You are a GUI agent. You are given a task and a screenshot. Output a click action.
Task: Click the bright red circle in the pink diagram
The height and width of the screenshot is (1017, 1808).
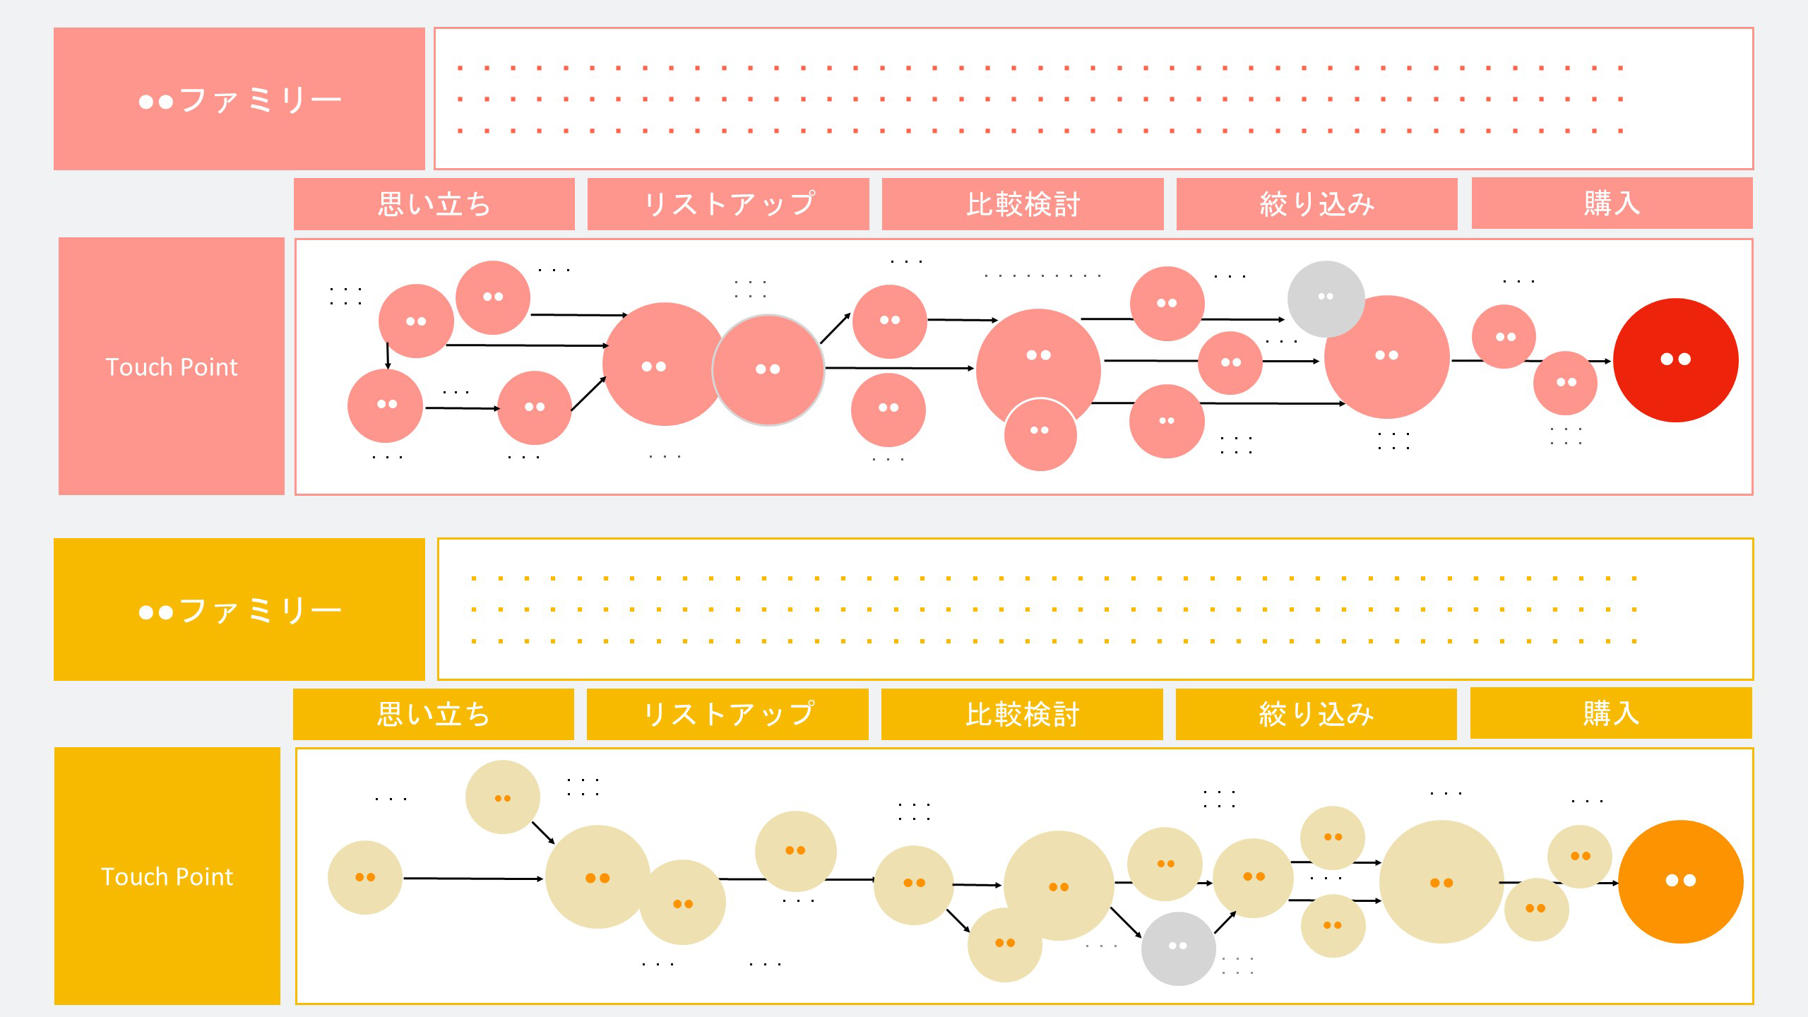(x=1675, y=360)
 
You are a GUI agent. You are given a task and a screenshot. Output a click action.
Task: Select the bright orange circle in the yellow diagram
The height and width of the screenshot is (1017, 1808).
(x=1680, y=881)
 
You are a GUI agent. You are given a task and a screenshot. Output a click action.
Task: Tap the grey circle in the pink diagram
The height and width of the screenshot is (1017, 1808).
(x=1325, y=297)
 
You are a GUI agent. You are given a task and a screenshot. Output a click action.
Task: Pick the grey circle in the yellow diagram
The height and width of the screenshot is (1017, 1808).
(x=1177, y=948)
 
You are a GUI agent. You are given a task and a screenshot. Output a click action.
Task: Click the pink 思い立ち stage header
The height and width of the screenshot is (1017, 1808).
(x=434, y=204)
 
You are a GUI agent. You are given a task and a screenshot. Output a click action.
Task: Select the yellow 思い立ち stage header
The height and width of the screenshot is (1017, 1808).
(x=433, y=714)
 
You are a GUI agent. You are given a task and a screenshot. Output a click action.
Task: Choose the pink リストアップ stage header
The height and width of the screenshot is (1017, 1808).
(x=728, y=204)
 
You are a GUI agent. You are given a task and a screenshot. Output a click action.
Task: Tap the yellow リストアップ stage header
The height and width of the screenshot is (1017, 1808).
(x=727, y=714)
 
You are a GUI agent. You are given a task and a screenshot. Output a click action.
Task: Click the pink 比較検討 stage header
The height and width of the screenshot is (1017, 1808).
(x=1023, y=204)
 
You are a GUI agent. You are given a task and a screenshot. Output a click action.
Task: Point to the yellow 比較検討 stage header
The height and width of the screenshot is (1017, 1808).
(x=1022, y=714)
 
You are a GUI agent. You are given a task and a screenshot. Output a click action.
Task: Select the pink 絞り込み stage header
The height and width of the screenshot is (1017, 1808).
(x=1316, y=204)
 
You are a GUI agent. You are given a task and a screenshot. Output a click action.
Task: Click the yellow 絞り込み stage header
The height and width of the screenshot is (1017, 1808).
(x=1316, y=714)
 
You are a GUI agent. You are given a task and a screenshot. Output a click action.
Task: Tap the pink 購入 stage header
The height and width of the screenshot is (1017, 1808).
(x=1612, y=203)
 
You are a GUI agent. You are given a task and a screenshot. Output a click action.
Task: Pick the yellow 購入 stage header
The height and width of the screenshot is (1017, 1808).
(x=1611, y=713)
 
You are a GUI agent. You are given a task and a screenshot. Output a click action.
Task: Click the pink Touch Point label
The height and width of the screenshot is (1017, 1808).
(x=172, y=367)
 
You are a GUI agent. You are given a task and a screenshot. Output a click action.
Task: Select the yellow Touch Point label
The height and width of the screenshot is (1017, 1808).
(x=167, y=876)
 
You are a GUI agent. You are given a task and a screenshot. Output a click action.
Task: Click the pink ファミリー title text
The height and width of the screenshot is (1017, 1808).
(x=239, y=100)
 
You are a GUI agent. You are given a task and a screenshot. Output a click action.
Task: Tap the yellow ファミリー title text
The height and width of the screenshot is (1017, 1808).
(x=239, y=609)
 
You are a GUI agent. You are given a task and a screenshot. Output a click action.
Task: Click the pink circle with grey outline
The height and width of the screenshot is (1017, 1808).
(x=768, y=370)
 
